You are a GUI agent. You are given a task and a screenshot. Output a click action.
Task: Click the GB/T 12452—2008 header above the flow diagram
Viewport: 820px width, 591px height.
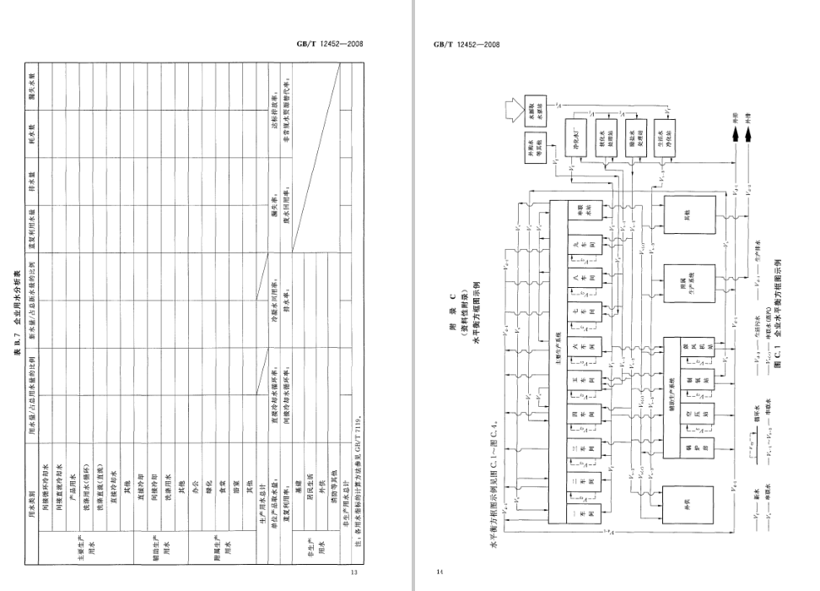point(467,46)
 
